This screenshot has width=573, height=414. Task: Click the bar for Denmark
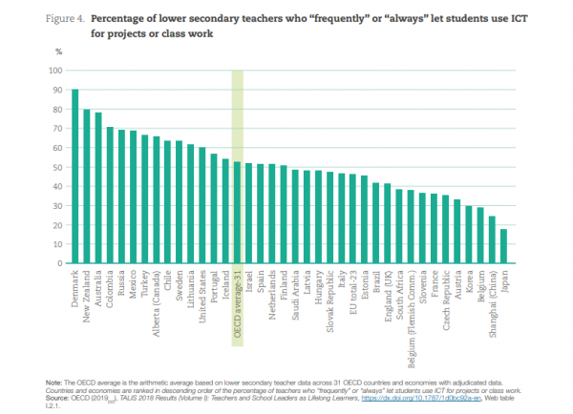[75, 176]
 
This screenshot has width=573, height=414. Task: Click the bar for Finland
[284, 215]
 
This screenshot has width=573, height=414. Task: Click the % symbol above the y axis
[58, 53]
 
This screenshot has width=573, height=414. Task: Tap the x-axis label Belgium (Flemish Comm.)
[411, 310]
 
